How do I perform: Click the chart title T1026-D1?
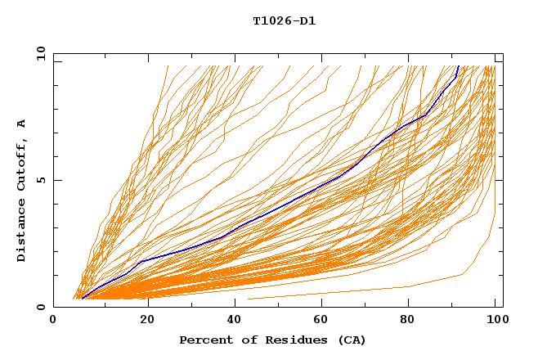click(x=284, y=21)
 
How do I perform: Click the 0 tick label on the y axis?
click(x=40, y=307)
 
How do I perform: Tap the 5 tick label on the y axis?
click(x=40, y=180)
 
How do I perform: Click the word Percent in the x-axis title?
click(x=204, y=340)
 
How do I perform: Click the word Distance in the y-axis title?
click(x=21, y=229)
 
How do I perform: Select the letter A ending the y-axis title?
click(x=21, y=124)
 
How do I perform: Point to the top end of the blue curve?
click(x=459, y=66)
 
